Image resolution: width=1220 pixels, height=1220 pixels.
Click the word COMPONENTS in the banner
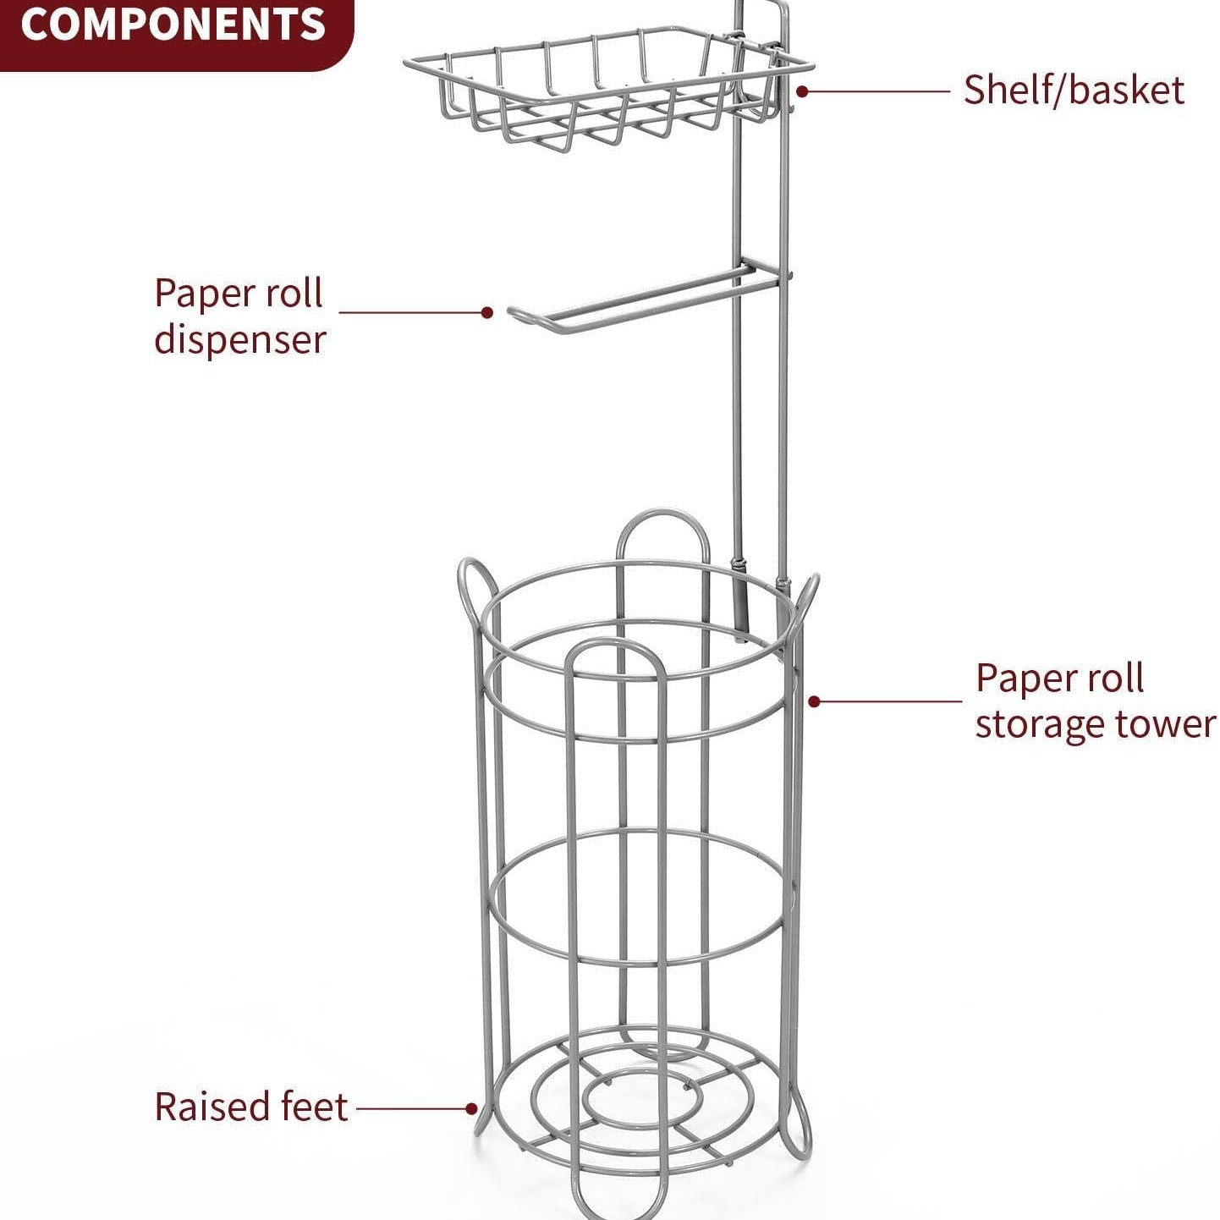173,25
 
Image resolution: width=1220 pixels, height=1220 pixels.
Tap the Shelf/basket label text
1073,91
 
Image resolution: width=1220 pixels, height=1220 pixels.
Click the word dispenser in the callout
240,340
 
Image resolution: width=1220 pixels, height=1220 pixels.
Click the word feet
315,1107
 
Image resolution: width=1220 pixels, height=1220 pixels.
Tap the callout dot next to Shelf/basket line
801,91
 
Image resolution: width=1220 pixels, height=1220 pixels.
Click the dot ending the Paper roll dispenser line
486,312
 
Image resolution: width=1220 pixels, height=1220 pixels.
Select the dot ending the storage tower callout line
814,701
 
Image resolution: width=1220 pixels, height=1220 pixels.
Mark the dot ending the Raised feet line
471,1108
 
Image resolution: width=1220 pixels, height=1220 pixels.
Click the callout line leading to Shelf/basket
880,91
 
